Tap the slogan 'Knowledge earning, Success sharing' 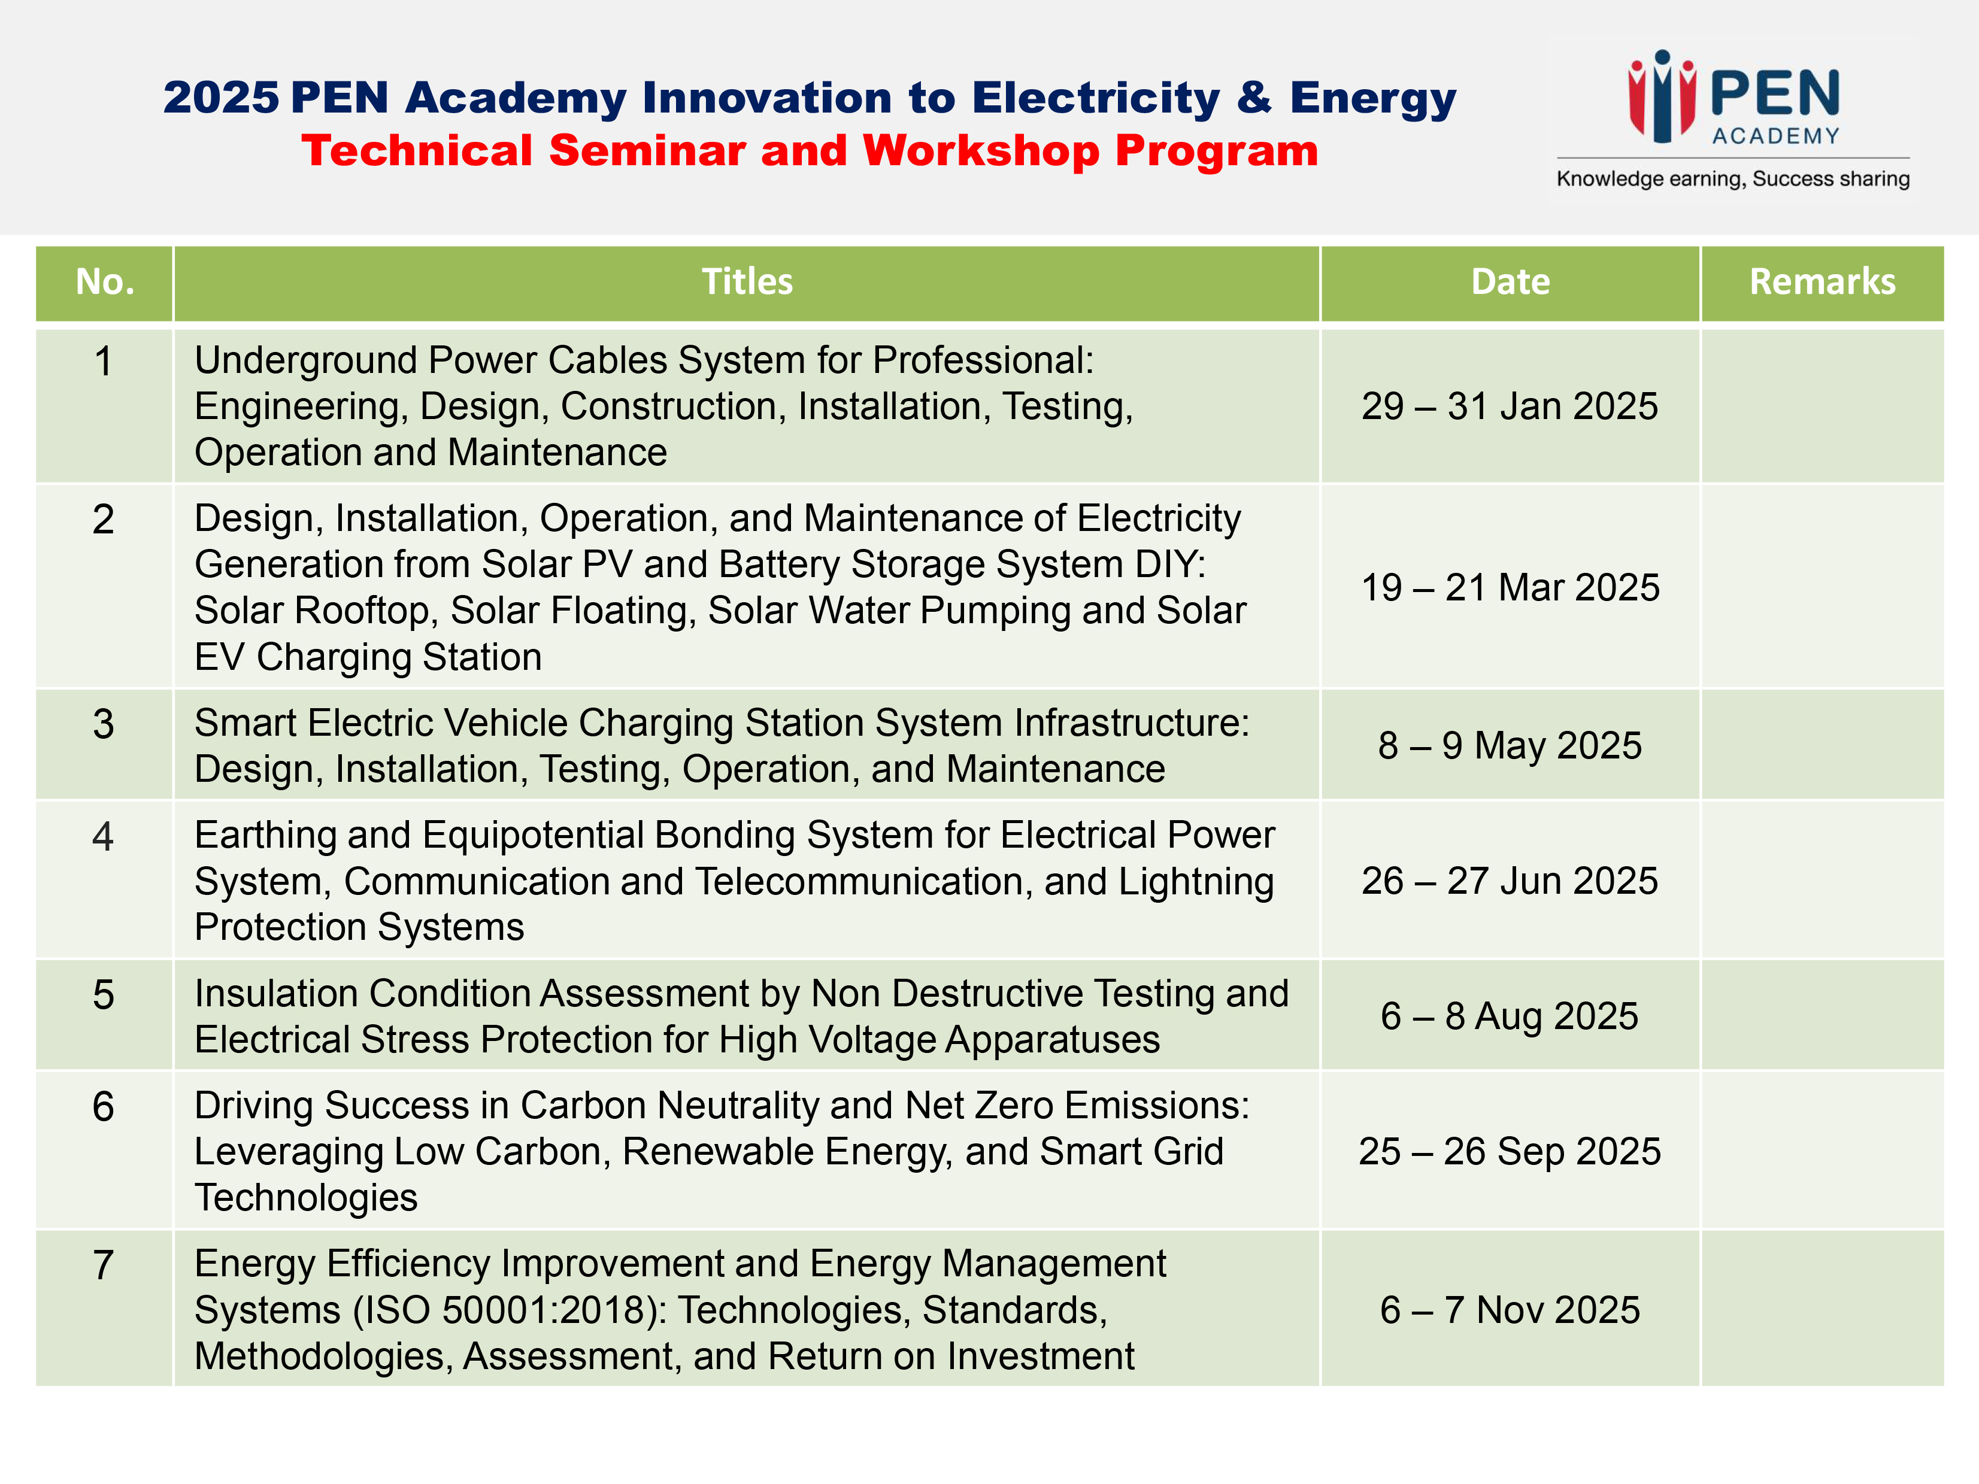coord(1733,179)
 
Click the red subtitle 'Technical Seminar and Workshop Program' coord(810,150)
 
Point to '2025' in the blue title coord(221,98)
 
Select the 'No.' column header coord(105,282)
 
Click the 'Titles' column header coord(747,282)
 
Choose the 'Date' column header coord(1510,282)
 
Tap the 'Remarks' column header coord(1823,282)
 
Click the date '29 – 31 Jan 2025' coord(1510,406)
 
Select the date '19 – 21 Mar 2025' coord(1510,588)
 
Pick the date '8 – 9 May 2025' coord(1510,745)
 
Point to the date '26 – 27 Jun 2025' coord(1510,881)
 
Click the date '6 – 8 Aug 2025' coord(1510,1016)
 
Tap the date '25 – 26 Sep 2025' coord(1510,1151)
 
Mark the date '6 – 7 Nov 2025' coord(1510,1310)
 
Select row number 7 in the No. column coord(104,1265)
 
